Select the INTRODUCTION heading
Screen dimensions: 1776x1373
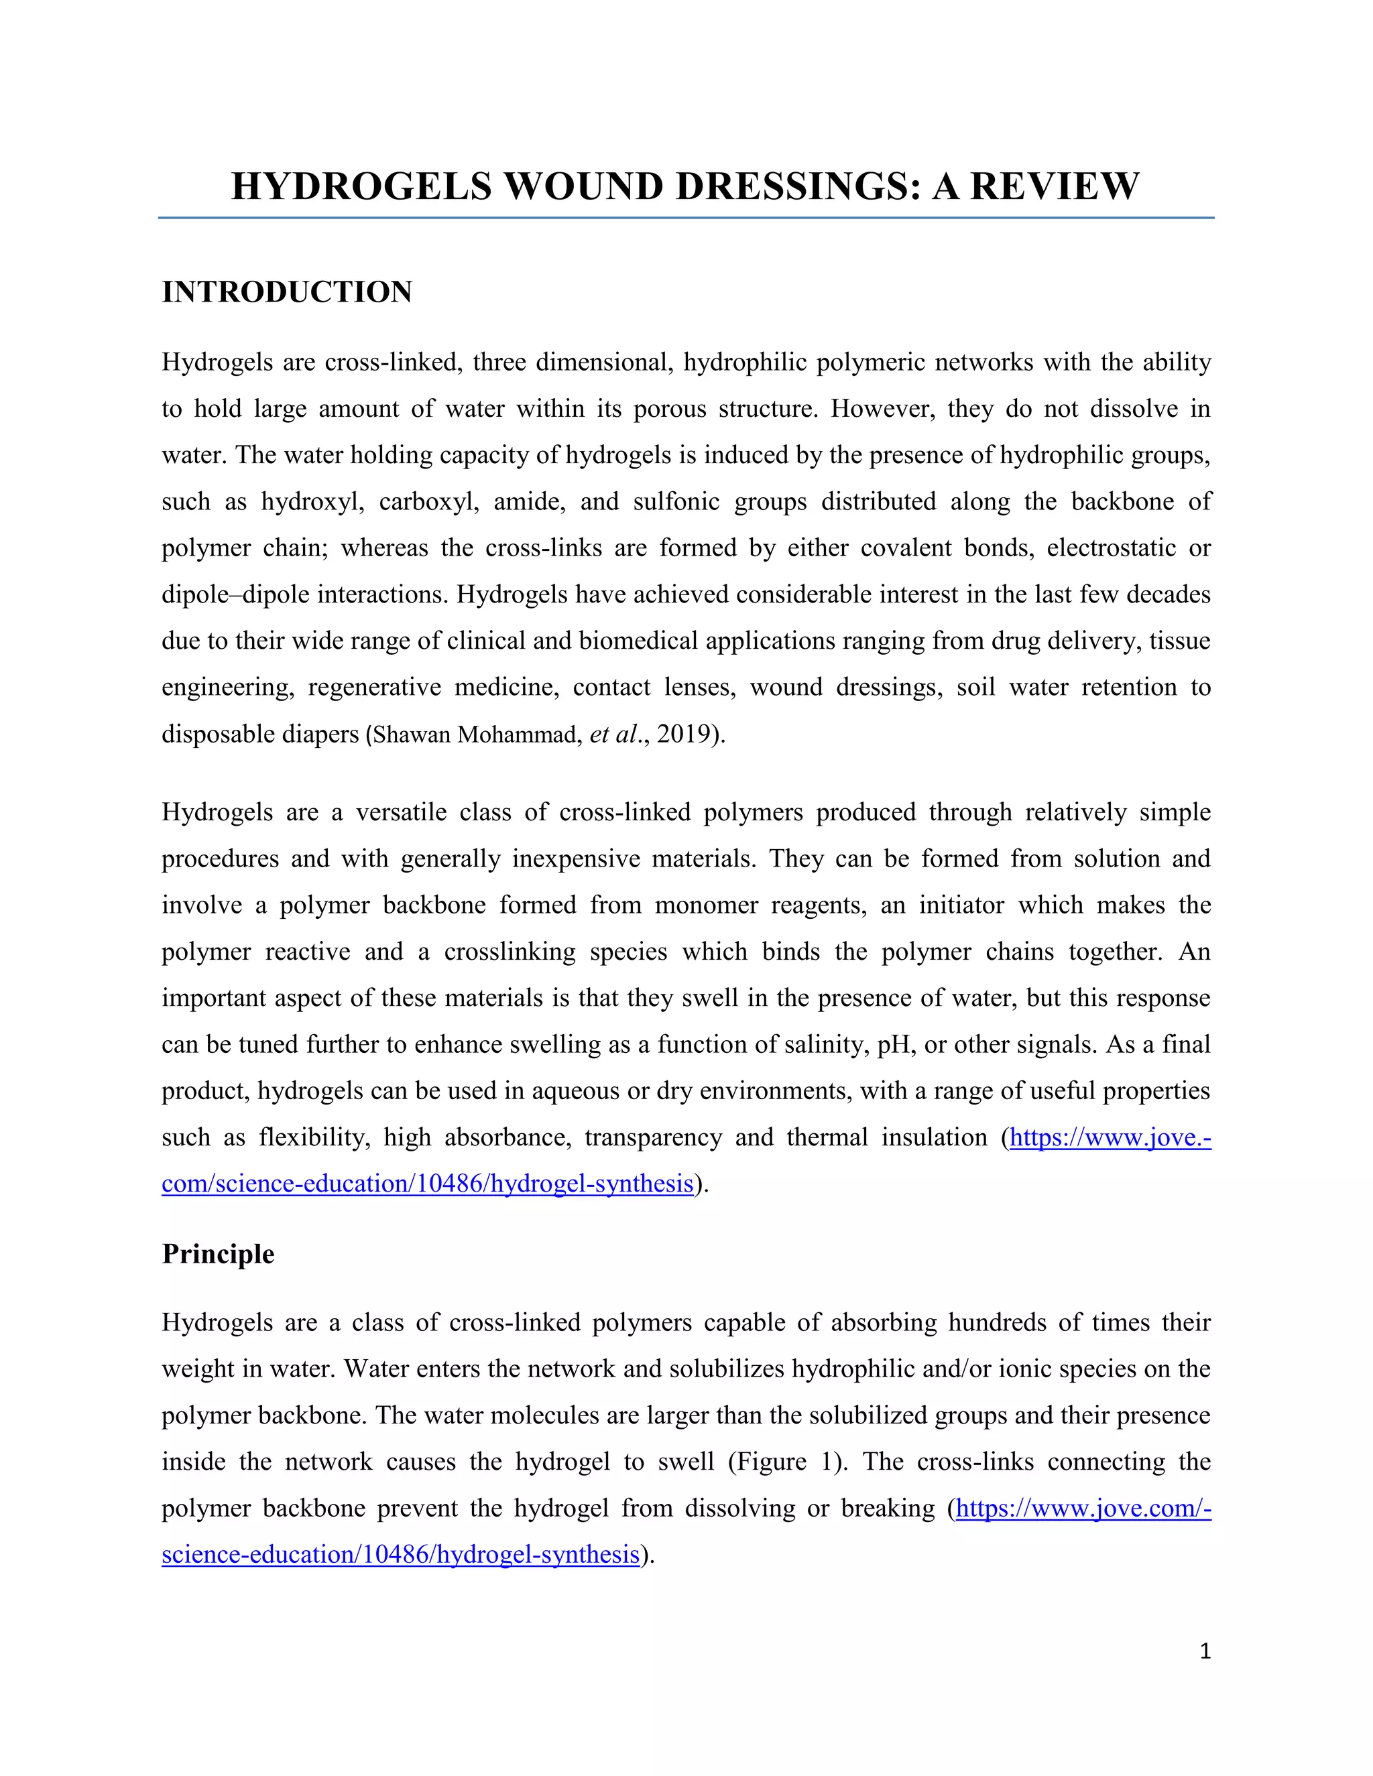point(287,292)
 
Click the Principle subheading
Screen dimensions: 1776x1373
point(218,1253)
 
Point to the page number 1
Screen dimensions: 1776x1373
point(1205,1651)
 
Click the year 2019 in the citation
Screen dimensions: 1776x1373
point(683,735)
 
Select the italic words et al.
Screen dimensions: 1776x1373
point(613,735)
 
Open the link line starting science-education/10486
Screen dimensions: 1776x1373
point(400,1555)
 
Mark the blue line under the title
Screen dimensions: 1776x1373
point(686,218)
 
